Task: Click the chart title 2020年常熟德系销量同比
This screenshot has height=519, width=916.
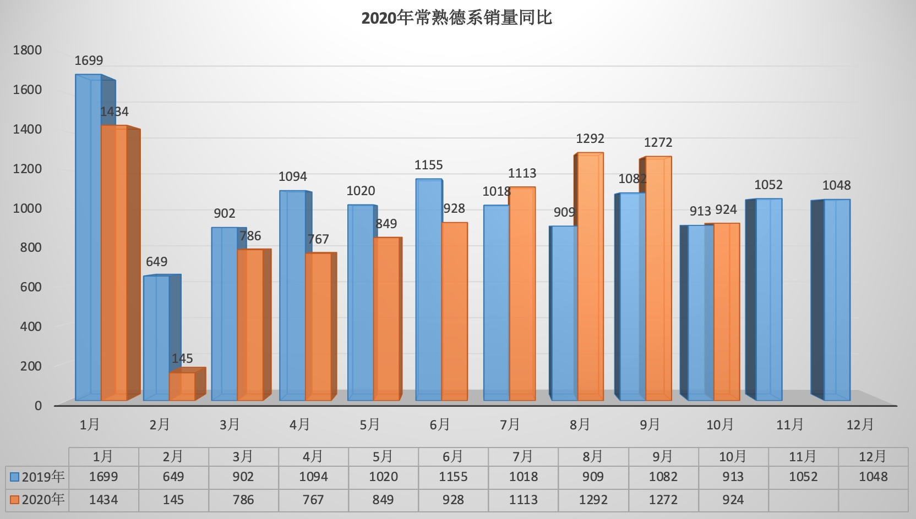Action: (456, 18)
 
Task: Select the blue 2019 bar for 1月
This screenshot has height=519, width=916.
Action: (88, 236)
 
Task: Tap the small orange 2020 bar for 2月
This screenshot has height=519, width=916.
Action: (182, 386)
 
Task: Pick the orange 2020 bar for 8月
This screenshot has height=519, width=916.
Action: (590, 275)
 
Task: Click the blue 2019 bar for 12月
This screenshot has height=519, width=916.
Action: (837, 300)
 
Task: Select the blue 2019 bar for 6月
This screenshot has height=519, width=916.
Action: (428, 289)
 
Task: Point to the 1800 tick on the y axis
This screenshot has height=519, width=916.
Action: (28, 50)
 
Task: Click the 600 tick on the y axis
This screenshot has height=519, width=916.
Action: (28, 286)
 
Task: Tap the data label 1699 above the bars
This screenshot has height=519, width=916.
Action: (89, 60)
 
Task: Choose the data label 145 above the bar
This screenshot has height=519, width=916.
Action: (182, 358)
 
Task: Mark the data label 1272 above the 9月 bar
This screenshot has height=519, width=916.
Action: (658, 142)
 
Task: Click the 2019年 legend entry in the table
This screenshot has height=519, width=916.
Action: (37, 477)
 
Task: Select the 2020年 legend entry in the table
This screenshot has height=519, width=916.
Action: (37, 499)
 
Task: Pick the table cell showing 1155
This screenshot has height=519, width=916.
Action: (453, 477)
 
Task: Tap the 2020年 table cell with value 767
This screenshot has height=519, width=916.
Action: (313, 500)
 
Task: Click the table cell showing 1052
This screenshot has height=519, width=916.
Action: (803, 477)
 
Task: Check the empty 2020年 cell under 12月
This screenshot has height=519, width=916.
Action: (873, 500)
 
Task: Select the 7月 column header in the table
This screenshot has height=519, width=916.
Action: (523, 456)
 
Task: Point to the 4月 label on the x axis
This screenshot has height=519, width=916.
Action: (299, 424)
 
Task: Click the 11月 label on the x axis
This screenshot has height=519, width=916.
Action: (790, 424)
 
